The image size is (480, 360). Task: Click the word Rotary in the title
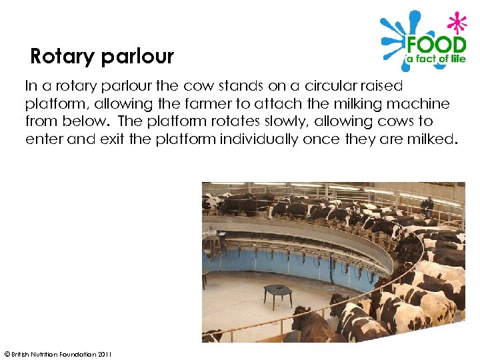(x=62, y=57)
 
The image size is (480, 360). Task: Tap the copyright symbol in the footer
(x=6, y=354)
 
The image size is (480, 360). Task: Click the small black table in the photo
(x=277, y=291)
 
